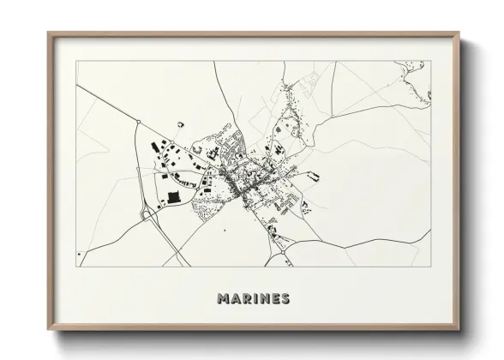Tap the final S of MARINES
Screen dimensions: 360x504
point(285,299)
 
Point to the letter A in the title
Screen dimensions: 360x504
point(234,299)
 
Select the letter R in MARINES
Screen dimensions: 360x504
point(245,299)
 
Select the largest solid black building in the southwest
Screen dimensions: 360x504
point(174,197)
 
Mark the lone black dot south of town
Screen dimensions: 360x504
point(224,230)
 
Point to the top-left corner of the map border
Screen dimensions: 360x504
point(77,62)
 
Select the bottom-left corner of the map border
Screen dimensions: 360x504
point(77,267)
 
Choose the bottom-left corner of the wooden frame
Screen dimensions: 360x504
point(48,329)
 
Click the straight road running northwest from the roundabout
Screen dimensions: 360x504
point(107,103)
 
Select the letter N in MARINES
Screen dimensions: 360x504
point(262,299)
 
